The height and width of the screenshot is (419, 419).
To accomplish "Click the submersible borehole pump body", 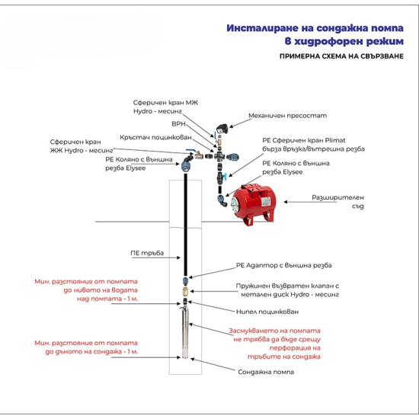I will pyautogui.click(x=186, y=336).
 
